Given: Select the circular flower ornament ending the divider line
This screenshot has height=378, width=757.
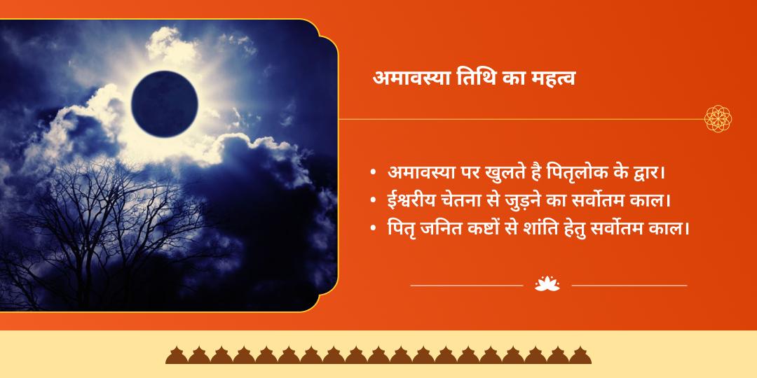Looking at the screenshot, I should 718,119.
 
